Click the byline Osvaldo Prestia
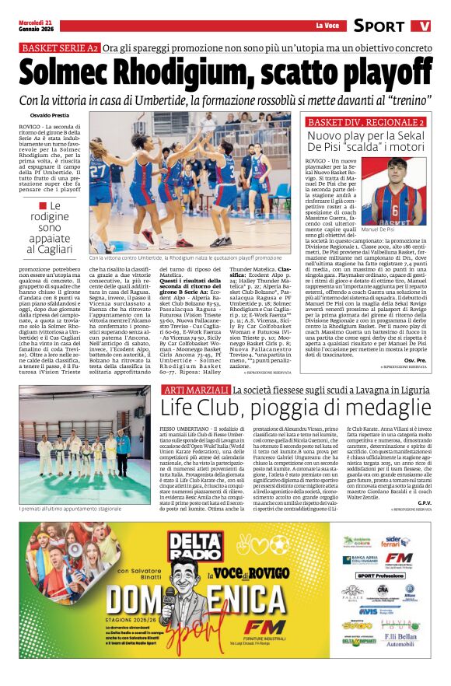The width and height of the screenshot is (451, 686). (49, 116)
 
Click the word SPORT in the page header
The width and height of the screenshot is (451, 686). (379, 26)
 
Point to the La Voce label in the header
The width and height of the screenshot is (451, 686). (327, 26)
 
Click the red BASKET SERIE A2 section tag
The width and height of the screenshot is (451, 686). (60, 48)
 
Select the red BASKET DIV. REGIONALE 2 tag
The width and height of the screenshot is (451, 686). (365, 123)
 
